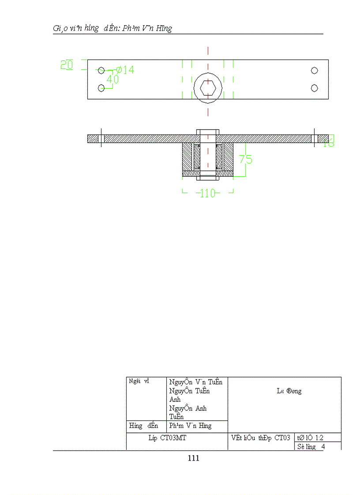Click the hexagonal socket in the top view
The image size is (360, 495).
tap(208, 88)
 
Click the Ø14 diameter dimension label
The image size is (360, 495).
tap(125, 70)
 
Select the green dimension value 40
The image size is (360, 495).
tap(112, 79)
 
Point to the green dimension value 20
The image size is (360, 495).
tap(67, 65)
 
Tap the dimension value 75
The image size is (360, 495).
tap(246, 159)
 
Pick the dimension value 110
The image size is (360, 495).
tap(207, 193)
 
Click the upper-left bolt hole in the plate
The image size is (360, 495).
tap(101, 71)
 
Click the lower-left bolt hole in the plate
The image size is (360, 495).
tap(101, 88)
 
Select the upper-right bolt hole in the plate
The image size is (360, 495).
tap(315, 71)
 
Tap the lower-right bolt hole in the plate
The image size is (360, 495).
tap(315, 88)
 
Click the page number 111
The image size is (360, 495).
tap(193, 458)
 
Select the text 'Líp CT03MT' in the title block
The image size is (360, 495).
tap(167, 438)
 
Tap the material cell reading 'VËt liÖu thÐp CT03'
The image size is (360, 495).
tap(260, 438)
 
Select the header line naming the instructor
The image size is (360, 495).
tap(112, 29)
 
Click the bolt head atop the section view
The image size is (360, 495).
tap(207, 131)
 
